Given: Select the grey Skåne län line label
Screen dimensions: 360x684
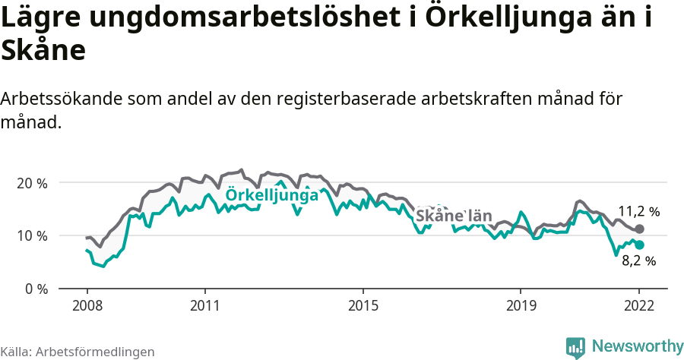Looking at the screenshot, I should pyautogui.click(x=454, y=216).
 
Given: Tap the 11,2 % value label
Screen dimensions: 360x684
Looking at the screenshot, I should pyautogui.click(x=638, y=211).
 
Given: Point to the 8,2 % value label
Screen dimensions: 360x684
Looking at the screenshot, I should pyautogui.click(x=638, y=261).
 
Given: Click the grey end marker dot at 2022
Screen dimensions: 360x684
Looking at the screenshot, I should pyautogui.click(x=639, y=229).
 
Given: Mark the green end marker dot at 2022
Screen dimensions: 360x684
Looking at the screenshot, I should pyautogui.click(x=639, y=245).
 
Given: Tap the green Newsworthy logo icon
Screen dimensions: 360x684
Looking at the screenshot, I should pyautogui.click(x=575, y=346).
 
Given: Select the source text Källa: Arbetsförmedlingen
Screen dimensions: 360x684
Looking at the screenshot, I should pyautogui.click(x=78, y=352).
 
